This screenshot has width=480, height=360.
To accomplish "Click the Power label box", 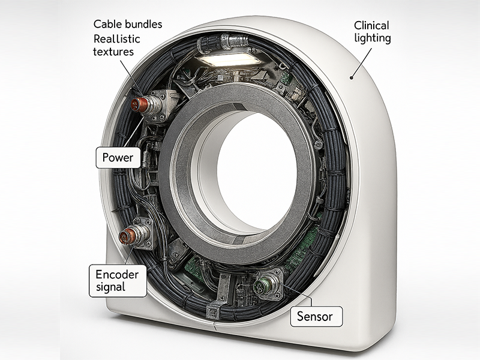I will (118, 158).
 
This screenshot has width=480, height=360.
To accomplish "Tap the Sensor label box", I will (316, 316).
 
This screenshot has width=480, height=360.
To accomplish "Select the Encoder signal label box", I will (117, 280).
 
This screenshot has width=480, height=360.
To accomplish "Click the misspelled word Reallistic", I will (117, 39).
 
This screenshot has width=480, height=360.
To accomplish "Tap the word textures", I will (113, 52).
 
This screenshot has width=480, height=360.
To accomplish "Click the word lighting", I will (372, 39).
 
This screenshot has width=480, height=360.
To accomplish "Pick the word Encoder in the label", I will (117, 274).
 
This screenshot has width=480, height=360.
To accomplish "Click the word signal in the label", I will (110, 287).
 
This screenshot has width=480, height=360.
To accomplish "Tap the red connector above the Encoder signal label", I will (127, 235).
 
